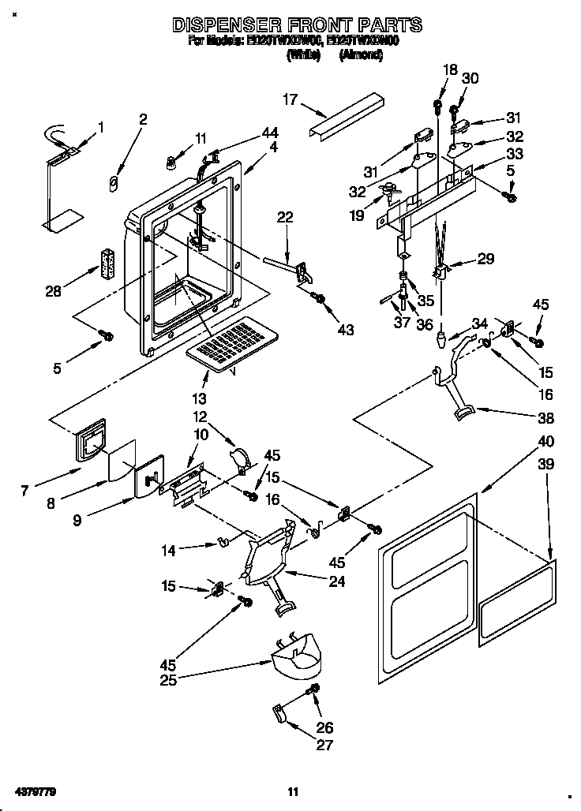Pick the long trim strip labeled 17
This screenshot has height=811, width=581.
347,118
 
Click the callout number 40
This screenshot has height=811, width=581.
546,441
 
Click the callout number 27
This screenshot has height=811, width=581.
324,744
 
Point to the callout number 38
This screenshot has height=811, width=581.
545,418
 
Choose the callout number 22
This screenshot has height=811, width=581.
285,217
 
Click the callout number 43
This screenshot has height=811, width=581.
345,329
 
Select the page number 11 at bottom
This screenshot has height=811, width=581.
292,791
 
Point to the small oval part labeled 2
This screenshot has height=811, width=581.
113,183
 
